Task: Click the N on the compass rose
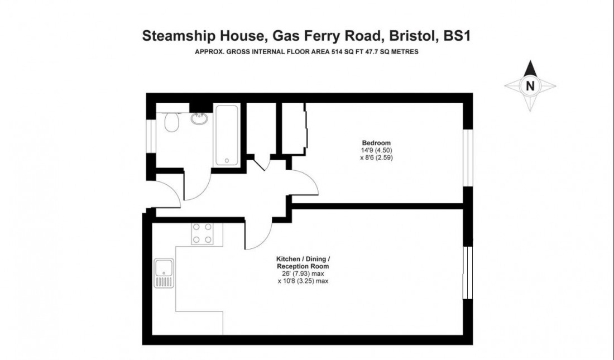pyautogui.click(x=530, y=86)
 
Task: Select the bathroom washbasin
pyautogui.click(x=199, y=118)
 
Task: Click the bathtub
pyautogui.click(x=227, y=135)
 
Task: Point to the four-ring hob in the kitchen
pyautogui.click(x=203, y=233)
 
